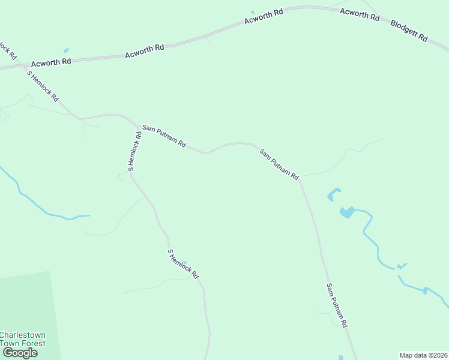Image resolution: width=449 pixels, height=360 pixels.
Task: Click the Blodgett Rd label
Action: pos(409,31)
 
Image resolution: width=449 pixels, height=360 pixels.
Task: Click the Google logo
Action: pos(20,353)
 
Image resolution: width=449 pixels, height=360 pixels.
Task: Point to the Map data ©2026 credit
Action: pos(424,355)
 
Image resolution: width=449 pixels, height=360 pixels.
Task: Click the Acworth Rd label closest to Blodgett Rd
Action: pos(359,14)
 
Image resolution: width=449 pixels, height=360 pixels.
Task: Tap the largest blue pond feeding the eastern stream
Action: pos(346,212)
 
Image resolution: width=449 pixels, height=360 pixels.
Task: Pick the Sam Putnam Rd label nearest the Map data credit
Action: pos(337,305)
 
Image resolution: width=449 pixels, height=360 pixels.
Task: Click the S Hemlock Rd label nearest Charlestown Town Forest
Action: pos(182,264)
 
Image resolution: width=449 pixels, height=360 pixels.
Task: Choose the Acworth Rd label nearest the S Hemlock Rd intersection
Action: pos(51,61)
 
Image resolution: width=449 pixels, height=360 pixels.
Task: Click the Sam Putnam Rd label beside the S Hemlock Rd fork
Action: pos(163,137)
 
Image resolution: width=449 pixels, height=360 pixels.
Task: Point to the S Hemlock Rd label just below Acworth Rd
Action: pos(43,85)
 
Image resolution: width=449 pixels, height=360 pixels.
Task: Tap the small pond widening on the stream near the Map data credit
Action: pos(425,290)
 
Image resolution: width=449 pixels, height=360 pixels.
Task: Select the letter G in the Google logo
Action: pos(8,353)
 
